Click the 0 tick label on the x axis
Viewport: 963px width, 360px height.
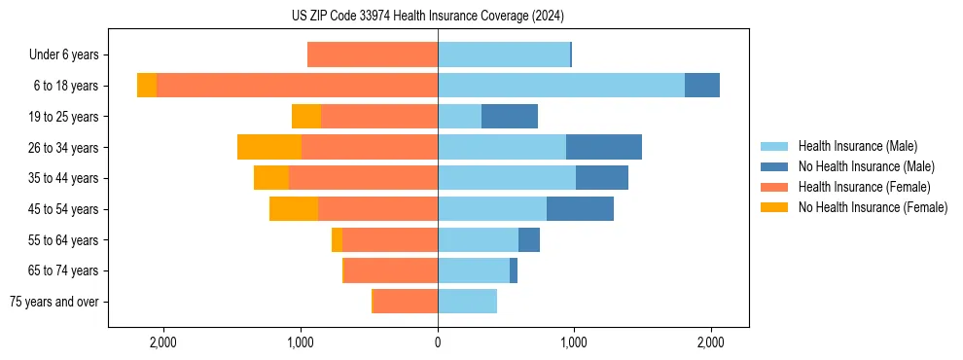click(x=438, y=342)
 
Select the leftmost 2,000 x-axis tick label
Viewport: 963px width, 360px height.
click(x=163, y=342)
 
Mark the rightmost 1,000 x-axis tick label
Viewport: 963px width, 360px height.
click(x=574, y=342)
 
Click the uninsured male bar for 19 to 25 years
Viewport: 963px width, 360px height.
click(x=510, y=117)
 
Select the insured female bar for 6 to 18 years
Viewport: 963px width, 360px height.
click(x=297, y=86)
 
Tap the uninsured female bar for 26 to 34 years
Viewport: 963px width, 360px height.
click(x=269, y=148)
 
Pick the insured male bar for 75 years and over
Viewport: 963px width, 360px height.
click(x=467, y=302)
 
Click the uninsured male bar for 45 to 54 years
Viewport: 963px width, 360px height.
click(x=580, y=209)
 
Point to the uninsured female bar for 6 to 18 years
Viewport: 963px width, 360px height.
click(x=147, y=86)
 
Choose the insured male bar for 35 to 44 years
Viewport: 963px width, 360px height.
click(x=507, y=178)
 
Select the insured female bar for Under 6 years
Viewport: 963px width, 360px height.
click(x=373, y=55)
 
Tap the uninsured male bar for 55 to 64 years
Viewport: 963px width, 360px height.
click(x=529, y=240)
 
